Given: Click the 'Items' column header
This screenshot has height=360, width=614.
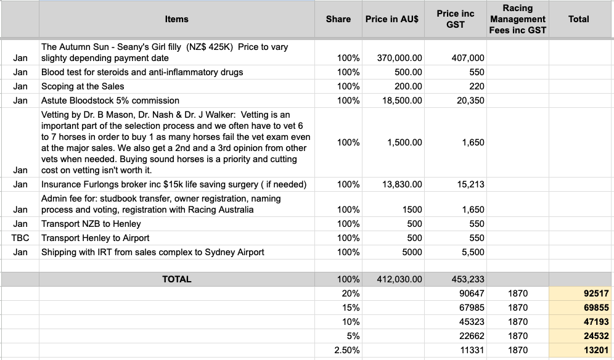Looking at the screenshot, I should [176, 19].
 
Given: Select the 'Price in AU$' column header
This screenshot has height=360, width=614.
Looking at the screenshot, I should [391, 19].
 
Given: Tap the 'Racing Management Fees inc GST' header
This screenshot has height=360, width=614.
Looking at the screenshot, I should [518, 19].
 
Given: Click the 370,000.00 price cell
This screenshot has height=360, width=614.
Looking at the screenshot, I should [399, 58].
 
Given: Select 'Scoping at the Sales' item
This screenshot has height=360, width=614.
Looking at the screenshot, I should [83, 86].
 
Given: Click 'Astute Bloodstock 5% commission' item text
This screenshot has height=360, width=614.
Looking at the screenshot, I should [110, 100].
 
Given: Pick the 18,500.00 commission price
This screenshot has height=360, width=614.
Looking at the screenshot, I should [402, 100].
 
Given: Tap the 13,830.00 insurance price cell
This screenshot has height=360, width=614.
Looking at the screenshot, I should [402, 184].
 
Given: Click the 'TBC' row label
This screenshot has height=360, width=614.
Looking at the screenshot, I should [20, 238].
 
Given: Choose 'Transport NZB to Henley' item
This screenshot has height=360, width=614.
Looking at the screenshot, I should [91, 224].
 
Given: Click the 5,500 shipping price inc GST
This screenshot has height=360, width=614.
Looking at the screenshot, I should [472, 252].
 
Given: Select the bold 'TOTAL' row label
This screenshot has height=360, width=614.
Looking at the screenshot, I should [176, 279].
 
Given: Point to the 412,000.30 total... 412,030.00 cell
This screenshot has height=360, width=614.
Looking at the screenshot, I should [399, 279].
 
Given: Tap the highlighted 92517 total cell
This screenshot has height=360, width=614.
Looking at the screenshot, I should [596, 293].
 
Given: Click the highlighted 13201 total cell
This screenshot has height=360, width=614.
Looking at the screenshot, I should [596, 350].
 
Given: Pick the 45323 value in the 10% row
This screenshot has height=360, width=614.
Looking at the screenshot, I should [472, 322].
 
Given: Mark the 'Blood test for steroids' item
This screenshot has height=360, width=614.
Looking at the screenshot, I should [142, 72].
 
